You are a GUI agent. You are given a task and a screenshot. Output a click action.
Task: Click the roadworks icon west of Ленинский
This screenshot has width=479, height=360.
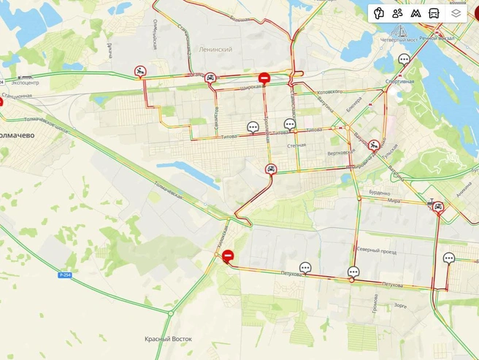coord(139,71)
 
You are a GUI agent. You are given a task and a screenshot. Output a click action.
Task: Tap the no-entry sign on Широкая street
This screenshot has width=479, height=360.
coord(264,77)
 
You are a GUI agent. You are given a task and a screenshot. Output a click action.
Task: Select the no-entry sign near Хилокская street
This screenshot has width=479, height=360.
coord(228,256)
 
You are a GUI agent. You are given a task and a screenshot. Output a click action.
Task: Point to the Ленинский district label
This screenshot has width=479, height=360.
coord(215,50)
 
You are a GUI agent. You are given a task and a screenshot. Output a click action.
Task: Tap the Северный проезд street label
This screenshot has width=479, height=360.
coord(377,250)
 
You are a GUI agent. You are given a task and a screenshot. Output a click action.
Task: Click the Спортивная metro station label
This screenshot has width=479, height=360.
coord(399,81)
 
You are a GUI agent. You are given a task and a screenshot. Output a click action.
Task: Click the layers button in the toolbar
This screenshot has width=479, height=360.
coord(456,13)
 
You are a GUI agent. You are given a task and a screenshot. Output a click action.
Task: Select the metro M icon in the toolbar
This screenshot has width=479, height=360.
coord(416,13)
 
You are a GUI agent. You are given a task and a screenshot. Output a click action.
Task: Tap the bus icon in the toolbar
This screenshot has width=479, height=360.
coord(434,13)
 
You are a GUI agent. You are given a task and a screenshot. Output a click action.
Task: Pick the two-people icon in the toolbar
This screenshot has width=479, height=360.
coord(397,13)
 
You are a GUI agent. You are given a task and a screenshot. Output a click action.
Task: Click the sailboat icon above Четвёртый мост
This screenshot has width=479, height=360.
coord(402,30)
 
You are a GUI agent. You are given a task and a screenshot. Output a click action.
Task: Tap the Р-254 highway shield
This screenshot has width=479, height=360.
coord(66,275)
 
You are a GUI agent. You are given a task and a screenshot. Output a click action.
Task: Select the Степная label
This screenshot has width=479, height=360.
coord(296,145)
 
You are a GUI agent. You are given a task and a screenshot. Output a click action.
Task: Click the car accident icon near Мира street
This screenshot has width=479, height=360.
coord(437,207)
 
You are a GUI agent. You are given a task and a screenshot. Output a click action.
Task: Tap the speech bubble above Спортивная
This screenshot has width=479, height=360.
coord(404,59)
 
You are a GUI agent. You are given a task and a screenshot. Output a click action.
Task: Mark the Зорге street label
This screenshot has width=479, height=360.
coord(400,305)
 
